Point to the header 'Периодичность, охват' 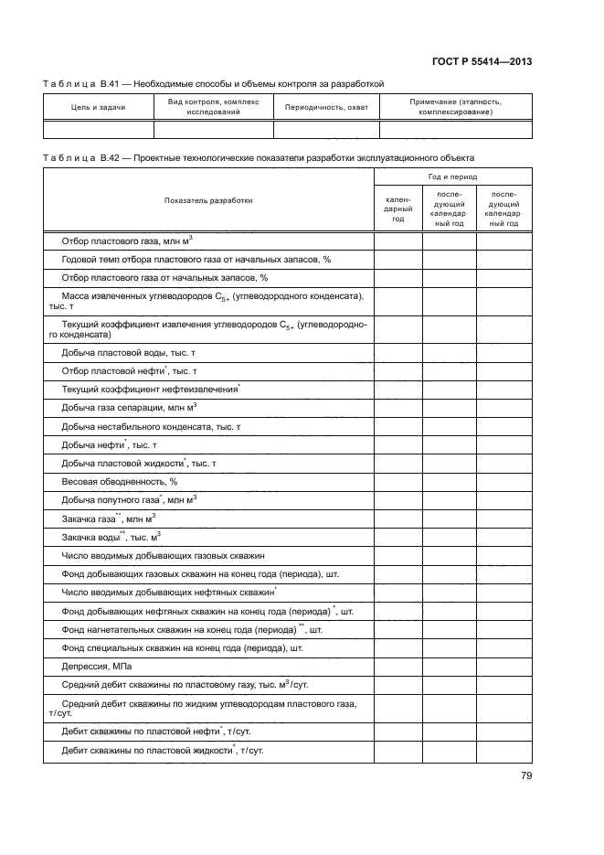coord(326,107)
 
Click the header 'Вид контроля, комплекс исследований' coord(214,107)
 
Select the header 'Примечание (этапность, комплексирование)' coord(455,107)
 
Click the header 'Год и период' coord(452,176)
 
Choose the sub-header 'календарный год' coord(397,208)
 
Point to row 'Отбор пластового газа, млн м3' coord(126,241)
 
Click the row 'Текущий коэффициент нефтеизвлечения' coord(150,389)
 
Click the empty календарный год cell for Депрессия coord(397,667)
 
